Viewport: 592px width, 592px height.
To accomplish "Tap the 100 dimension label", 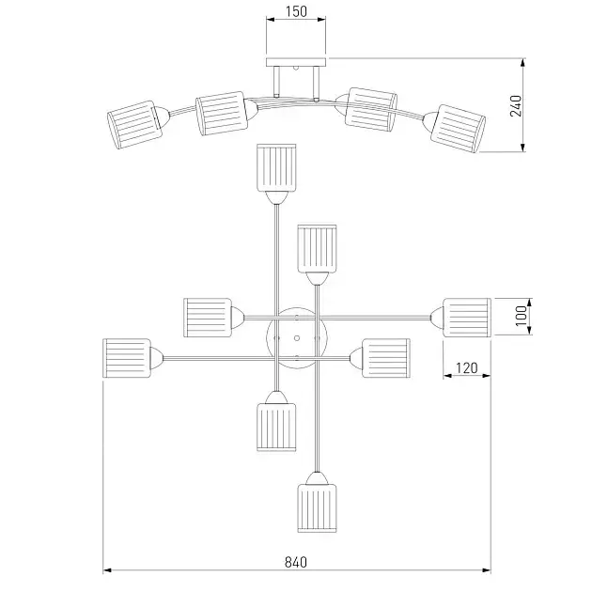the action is pos(523,316).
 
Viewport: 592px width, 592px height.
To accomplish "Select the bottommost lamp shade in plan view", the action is pos(317,508).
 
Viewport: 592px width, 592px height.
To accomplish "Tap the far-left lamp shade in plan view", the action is pos(126,358).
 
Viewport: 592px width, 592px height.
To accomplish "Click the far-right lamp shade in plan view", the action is pos(467,317).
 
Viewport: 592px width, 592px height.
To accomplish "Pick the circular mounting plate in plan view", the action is pos(295,337).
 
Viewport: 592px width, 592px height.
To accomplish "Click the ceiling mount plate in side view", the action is pos(296,63).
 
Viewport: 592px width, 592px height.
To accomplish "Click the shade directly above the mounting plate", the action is pos(317,247).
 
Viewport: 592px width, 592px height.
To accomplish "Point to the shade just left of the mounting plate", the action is pos(207,317).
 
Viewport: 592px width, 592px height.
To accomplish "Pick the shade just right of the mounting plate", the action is pos(386,358).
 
